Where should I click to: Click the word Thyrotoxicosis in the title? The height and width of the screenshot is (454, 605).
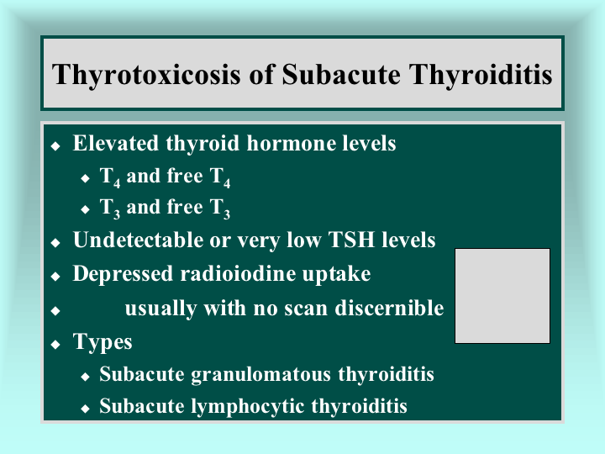(146, 75)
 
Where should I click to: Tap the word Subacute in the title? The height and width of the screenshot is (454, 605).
(341, 74)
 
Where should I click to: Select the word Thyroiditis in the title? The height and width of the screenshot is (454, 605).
(481, 75)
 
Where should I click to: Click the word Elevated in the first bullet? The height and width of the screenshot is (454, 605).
(115, 143)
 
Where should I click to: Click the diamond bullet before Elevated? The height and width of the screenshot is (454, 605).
(55, 146)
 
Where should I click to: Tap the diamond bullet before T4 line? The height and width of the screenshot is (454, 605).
(85, 178)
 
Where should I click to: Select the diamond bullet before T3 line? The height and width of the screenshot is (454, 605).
(85, 209)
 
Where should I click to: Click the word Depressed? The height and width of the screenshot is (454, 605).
(123, 274)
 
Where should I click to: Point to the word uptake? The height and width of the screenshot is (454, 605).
(336, 275)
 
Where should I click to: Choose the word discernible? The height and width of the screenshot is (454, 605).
(389, 308)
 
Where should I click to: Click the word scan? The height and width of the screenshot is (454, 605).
(306, 309)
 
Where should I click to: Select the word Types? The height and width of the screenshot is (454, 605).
(103, 343)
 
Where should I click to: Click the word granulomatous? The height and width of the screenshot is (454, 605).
(260, 375)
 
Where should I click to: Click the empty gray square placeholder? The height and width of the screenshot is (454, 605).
(502, 296)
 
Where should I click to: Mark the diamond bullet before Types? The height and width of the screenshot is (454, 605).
(55, 345)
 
